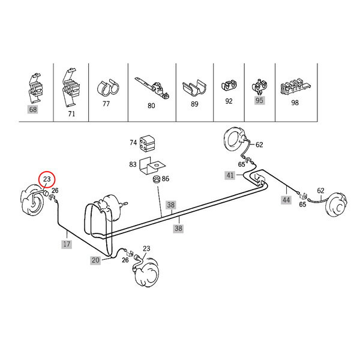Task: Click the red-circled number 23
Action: point(47,179)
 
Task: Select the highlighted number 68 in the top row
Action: point(33,109)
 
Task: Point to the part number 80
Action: point(151,106)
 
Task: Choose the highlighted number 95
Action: point(259,100)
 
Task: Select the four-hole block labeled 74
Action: point(147,143)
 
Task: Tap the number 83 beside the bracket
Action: point(133,164)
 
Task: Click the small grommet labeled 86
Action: point(157,179)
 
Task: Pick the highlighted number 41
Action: point(230,175)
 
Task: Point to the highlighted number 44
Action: point(286,200)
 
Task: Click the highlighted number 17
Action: point(67,244)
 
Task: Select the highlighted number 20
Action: point(95,260)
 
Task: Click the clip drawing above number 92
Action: point(229,85)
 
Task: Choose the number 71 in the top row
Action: point(71,114)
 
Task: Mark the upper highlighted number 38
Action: point(171,205)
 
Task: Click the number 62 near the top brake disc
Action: point(259,145)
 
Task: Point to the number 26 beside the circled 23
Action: point(55,190)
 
